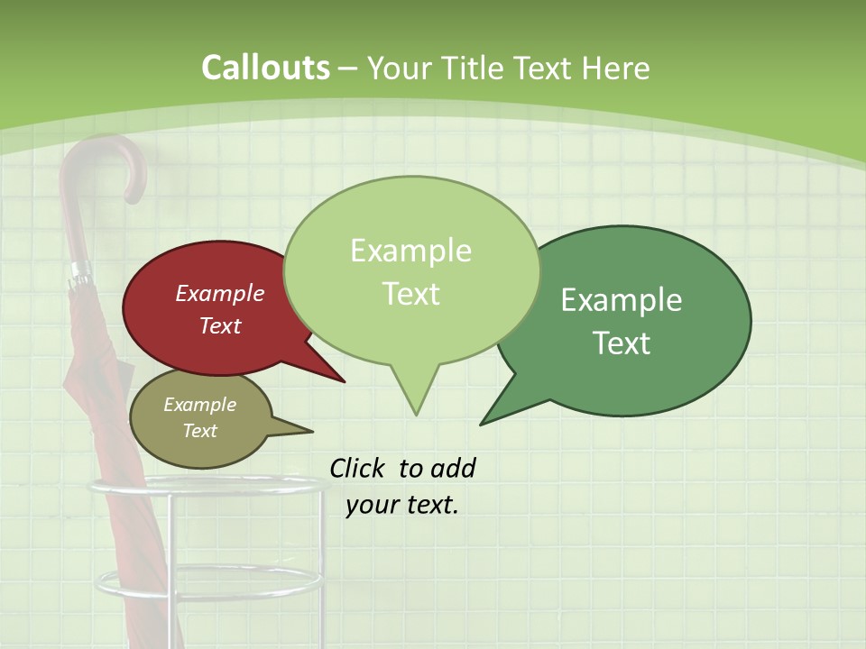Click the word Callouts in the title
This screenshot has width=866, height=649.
click(265, 68)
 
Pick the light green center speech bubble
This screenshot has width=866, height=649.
click(411, 270)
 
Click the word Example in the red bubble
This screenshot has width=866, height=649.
click(220, 294)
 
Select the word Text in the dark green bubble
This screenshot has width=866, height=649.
click(622, 343)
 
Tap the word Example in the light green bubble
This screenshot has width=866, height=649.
click(411, 251)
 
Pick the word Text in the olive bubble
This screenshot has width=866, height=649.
click(200, 431)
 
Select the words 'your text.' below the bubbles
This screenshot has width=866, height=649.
click(402, 505)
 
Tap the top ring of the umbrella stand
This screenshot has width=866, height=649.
click(207, 487)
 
